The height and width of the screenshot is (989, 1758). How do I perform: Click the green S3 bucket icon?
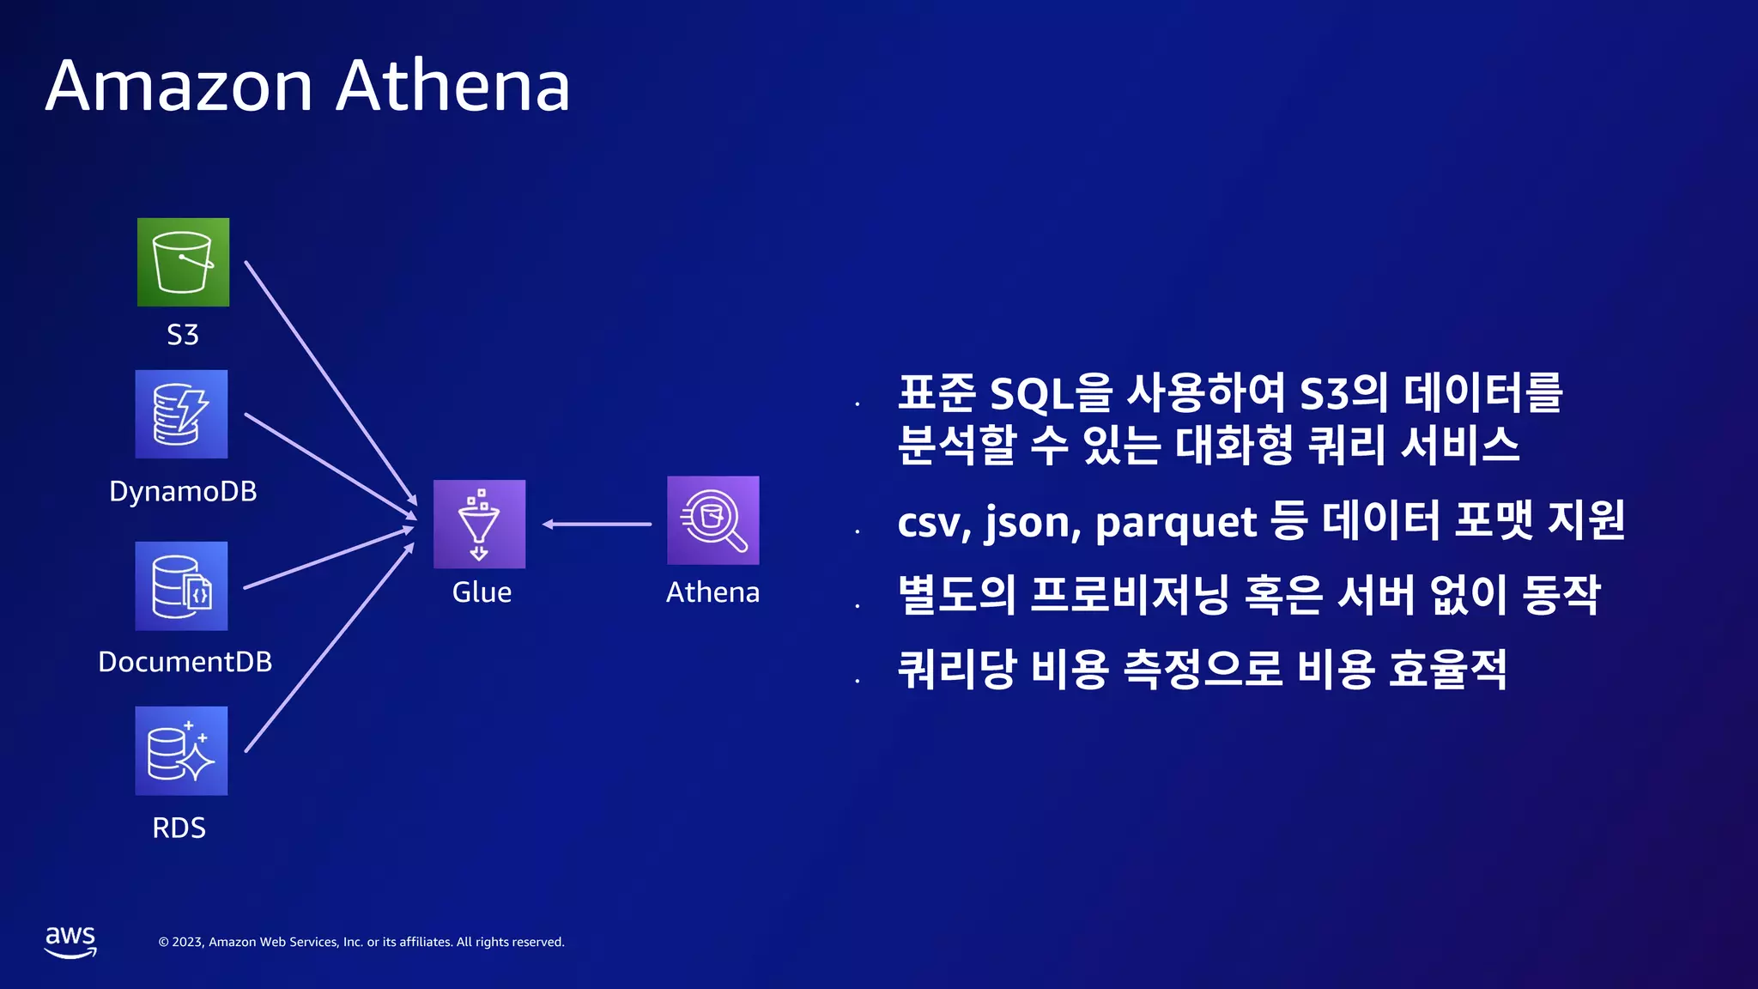(183, 262)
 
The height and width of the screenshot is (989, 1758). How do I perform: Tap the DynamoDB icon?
(181, 414)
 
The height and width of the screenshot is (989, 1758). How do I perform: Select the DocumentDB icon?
(181, 586)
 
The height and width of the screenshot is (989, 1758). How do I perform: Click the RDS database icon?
(181, 750)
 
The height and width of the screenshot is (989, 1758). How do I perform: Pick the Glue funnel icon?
(479, 524)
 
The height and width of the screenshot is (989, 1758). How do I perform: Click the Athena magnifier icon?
(712, 520)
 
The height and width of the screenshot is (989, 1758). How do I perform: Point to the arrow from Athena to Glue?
(597, 524)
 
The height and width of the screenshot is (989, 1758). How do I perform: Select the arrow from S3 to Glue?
(330, 383)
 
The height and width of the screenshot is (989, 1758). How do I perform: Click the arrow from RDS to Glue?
(330, 647)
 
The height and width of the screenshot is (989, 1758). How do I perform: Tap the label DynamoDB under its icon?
(183, 491)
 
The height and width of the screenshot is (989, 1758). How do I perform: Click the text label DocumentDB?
(185, 662)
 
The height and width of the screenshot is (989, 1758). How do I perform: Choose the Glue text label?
(482, 592)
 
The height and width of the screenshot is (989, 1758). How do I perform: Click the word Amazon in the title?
(179, 86)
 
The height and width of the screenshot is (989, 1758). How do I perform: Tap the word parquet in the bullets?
(1175, 523)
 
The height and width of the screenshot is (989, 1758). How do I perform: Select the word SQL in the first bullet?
(1031, 394)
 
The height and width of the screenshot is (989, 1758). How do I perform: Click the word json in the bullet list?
(1031, 523)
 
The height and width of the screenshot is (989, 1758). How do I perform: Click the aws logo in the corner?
(70, 941)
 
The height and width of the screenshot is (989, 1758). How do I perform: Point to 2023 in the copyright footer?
(188, 942)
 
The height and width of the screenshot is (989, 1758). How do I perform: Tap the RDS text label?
(179, 828)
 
